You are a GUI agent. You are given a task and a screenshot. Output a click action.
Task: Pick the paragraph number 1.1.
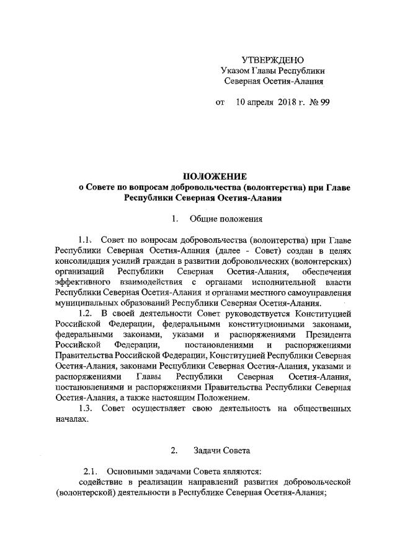[85, 240]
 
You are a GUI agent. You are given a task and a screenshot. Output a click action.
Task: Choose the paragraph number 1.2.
[85, 314]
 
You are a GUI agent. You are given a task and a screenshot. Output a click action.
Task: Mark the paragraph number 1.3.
[85, 409]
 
